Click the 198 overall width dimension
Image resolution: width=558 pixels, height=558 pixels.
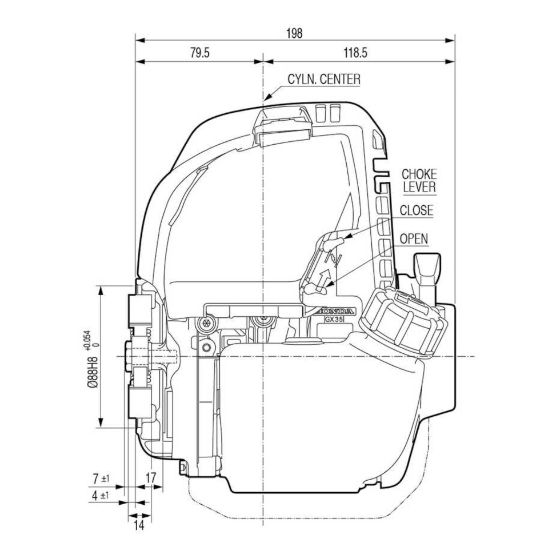coord(294,34)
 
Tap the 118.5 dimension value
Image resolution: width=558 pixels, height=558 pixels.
coord(356,53)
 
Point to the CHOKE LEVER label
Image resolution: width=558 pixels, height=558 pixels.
coord(419,181)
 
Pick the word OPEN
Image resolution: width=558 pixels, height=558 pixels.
coord(414,239)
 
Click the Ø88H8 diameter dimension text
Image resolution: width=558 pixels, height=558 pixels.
coord(93,372)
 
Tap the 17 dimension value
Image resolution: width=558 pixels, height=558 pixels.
coord(150,478)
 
